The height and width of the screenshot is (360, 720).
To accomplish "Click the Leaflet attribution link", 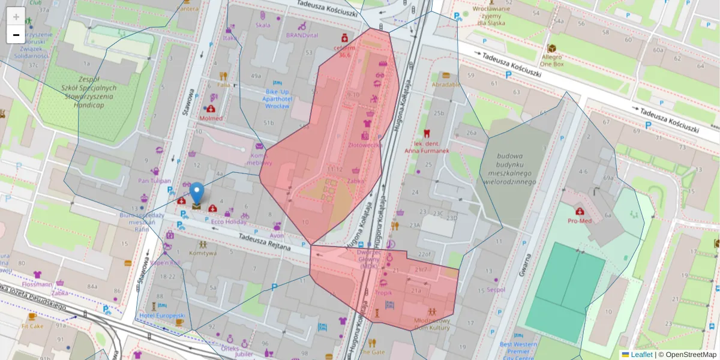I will [x=641, y=355].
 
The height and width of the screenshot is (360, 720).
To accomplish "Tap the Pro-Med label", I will [x=580, y=220].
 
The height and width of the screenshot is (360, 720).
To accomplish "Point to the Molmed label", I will [x=211, y=118].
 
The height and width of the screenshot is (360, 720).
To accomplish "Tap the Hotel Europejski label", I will [x=162, y=315].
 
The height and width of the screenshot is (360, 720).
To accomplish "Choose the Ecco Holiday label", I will [x=229, y=221].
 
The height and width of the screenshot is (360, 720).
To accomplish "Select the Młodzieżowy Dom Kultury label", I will [x=432, y=324].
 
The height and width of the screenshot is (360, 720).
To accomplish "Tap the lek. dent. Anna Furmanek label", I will [x=427, y=147].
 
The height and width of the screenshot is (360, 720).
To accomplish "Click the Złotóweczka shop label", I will [x=365, y=145].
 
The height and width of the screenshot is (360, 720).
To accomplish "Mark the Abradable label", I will [x=446, y=85].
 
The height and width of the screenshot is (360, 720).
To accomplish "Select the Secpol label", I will [x=496, y=289].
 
